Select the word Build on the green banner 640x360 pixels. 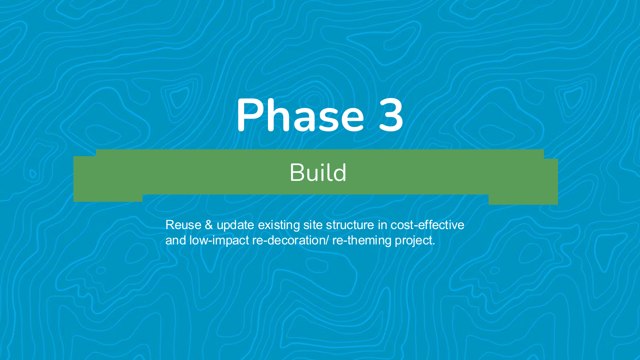(318, 173)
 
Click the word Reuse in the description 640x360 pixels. (183, 225)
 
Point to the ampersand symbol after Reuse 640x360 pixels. (209, 225)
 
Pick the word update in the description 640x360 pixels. (235, 225)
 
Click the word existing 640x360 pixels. (279, 225)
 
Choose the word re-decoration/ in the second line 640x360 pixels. (291, 240)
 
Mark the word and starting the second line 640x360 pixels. (175, 240)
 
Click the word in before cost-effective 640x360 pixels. (382, 225)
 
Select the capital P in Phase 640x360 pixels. (250, 115)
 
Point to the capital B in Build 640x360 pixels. (296, 173)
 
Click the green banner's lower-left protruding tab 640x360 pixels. (108, 198)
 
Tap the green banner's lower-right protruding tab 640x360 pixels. (523, 200)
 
